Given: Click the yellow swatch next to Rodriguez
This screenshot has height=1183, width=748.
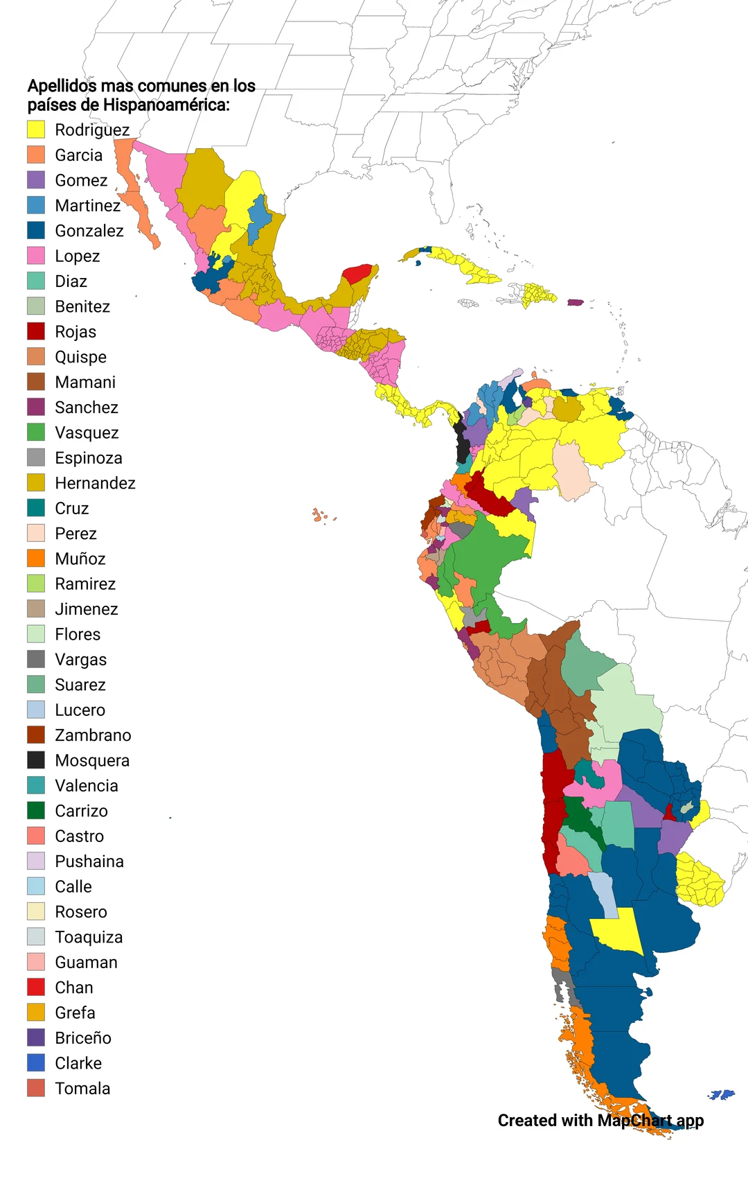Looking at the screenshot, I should (36, 130).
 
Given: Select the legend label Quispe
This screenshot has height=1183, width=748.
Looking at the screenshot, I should (80, 357).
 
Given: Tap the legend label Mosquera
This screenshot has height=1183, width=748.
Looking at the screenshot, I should (92, 760).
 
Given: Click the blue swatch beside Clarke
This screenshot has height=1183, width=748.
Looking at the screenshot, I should (36, 1062).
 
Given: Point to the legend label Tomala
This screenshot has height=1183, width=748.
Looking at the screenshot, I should (82, 1088).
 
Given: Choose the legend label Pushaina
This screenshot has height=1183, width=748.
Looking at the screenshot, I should (89, 861).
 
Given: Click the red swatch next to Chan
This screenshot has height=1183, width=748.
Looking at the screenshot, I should (36, 987).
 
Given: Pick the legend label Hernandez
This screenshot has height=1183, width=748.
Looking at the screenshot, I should (95, 483).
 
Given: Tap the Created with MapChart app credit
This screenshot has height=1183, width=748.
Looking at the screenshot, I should (600, 1121).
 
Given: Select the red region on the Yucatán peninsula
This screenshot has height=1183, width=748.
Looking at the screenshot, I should (358, 274).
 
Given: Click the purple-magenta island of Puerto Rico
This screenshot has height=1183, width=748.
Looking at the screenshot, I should (576, 303).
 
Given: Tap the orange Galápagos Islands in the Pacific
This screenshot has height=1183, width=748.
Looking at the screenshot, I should (319, 515).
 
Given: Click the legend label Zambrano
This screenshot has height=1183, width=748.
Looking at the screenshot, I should (93, 735).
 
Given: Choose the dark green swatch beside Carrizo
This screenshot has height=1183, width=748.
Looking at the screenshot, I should (36, 810).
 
